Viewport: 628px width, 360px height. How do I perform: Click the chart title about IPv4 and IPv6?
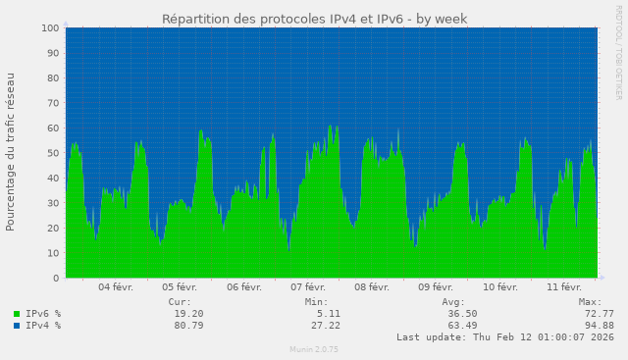[314, 19]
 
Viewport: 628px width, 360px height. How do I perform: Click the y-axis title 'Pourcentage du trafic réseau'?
[11, 151]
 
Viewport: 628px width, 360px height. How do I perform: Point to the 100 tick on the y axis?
[50, 27]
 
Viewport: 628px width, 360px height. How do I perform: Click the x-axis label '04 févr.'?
[116, 287]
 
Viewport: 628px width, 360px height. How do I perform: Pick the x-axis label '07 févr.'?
[308, 287]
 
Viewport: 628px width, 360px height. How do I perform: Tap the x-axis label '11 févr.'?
[564, 287]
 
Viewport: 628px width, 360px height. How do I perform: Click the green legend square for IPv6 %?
[17, 314]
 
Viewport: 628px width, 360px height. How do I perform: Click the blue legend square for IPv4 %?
[17, 326]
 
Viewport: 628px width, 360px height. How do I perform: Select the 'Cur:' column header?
[180, 302]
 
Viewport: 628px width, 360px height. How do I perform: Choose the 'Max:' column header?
[590, 302]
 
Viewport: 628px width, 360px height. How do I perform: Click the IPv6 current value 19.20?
[188, 314]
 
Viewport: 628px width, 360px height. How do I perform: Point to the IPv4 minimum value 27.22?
[325, 326]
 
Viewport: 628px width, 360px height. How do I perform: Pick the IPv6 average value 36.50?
[461, 314]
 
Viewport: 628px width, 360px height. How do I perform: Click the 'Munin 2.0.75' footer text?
[314, 349]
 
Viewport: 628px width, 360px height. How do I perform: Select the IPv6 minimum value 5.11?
[329, 314]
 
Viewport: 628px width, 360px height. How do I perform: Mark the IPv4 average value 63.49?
[461, 326]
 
